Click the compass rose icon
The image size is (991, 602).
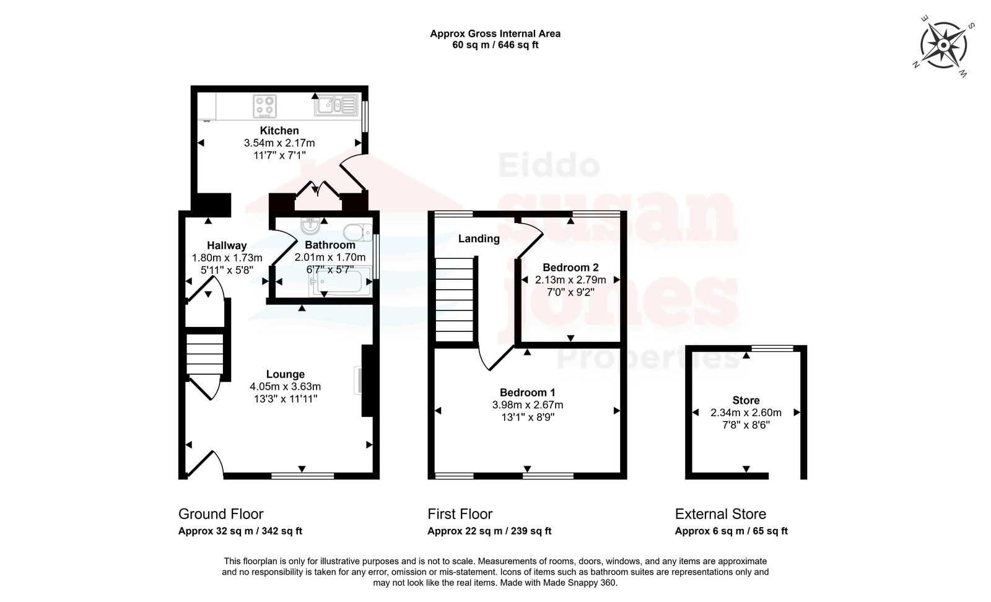(x=943, y=46)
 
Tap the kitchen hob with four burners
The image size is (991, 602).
(x=264, y=106)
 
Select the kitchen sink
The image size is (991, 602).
(x=336, y=105)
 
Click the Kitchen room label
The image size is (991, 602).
(x=279, y=131)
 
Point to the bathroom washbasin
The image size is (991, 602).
(x=310, y=225)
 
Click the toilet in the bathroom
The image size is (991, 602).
(x=357, y=232)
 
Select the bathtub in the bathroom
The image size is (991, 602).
(x=340, y=281)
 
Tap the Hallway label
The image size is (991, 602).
(x=227, y=245)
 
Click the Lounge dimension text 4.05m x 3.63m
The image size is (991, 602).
(x=286, y=386)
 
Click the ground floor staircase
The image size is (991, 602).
(x=204, y=354)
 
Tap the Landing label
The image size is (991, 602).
(x=479, y=239)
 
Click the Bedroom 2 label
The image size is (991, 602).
(x=570, y=268)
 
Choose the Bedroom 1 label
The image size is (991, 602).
(x=527, y=392)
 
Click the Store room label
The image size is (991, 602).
(x=746, y=400)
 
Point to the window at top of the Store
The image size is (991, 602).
(x=772, y=348)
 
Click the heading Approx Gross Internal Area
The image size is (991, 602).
(x=495, y=33)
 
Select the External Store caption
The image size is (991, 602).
(x=720, y=514)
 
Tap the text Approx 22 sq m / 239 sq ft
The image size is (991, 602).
(x=489, y=531)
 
